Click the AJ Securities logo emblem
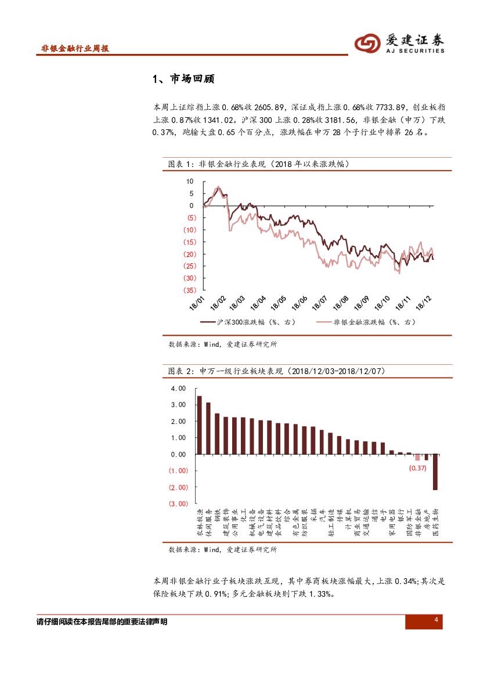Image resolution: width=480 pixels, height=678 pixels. pos(368,42)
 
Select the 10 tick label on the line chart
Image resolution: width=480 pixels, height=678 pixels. pos(190,182)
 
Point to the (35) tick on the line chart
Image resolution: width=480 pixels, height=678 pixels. pos(189,291)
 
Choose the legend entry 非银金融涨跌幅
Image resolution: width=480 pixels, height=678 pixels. pos(366,322)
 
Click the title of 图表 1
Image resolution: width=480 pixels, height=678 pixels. pos(258,164)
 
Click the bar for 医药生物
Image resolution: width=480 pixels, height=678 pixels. pos(435,472)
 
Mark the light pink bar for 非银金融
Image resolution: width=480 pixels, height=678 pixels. pos(417,457)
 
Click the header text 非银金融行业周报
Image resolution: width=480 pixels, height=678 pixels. pos(75,49)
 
